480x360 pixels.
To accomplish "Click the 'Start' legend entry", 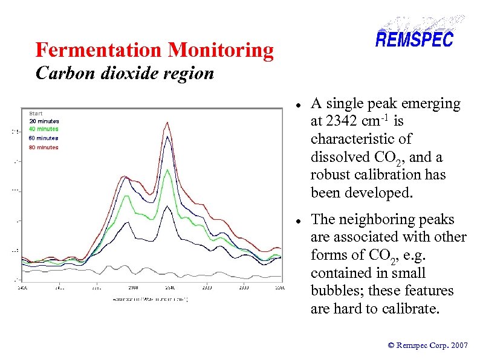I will tap(36, 113).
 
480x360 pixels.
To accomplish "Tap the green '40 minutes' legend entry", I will tap(44, 129).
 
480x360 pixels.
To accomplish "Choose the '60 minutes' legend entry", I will tap(44, 138).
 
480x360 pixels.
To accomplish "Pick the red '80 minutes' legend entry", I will tap(44, 147).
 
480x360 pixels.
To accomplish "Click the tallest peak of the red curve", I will tap(166, 123).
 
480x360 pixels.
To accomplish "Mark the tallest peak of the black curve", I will tap(167, 209).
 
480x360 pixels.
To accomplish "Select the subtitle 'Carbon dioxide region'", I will tap(125, 73).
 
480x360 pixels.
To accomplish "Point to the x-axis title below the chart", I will tap(150, 298).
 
